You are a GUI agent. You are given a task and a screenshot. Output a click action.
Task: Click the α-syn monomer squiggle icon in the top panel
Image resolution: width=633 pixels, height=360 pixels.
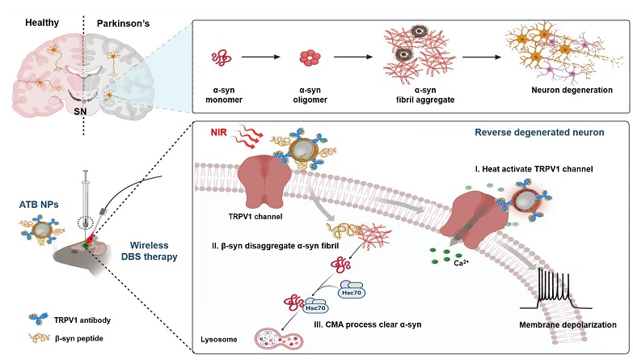tap(222, 57)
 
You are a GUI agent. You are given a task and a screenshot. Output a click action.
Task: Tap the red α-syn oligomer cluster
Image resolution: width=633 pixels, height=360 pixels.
tap(310, 57)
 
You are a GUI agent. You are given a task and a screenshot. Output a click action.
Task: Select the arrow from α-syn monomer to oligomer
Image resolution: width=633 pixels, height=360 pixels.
tap(261, 57)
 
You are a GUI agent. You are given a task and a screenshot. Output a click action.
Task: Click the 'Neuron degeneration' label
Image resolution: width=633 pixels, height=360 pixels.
tap(572, 90)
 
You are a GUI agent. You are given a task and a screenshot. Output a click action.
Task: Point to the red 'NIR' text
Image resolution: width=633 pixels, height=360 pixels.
tap(219, 132)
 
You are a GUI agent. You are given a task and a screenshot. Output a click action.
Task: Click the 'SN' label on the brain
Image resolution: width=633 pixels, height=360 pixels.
tap(80, 112)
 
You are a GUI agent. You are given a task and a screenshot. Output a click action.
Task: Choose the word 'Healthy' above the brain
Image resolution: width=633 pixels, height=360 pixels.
tap(42, 23)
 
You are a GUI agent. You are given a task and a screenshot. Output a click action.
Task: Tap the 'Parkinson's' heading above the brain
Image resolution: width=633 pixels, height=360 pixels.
tap(123, 23)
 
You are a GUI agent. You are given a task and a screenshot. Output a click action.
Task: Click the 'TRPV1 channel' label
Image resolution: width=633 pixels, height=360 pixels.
tap(255, 217)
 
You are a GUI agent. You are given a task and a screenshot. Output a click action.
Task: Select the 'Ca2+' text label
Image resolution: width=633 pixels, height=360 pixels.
tap(462, 263)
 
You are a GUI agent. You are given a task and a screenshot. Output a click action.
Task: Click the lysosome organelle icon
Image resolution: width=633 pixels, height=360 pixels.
tap(278, 338)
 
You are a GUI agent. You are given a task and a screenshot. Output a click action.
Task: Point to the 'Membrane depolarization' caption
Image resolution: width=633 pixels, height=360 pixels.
tap(568, 325)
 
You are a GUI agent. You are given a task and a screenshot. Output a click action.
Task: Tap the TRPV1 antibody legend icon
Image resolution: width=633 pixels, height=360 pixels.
tap(39, 320)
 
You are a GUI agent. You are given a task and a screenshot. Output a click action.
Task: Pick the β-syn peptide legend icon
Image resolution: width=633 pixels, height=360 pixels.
tap(39, 338)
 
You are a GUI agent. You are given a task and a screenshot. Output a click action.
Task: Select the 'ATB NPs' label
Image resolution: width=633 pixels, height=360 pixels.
tap(39, 205)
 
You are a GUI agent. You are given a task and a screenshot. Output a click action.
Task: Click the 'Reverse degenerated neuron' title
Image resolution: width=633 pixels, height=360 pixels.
tap(539, 133)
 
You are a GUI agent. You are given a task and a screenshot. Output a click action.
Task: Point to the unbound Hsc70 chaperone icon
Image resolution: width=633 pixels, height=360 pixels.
tap(351, 290)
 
